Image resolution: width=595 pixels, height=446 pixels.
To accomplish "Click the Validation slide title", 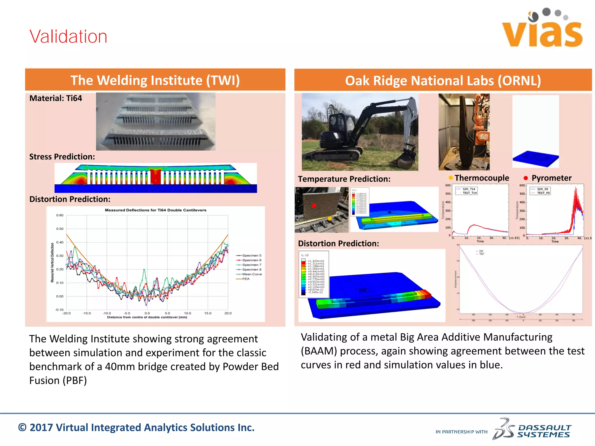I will tap(68, 37).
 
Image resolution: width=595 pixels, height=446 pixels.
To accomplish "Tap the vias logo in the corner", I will tap(542, 29).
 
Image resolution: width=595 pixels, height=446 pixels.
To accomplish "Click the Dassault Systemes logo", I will tap(532, 429).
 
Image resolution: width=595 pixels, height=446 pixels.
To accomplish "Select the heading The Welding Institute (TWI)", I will tap(155, 80).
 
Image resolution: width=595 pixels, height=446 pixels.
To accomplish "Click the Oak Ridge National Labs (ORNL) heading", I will tap(443, 81).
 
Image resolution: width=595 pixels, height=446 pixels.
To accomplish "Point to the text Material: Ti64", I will tap(56, 98).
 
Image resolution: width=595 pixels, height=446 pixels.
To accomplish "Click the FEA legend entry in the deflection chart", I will tap(245, 279).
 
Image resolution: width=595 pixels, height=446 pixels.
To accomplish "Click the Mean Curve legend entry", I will tap(252, 274).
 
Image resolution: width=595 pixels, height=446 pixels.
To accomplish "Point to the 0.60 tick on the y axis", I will tap(60, 215).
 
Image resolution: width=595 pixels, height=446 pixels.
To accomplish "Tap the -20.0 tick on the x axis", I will tap(67, 313).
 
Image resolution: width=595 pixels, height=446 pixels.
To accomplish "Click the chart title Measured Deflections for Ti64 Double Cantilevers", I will tap(155, 210).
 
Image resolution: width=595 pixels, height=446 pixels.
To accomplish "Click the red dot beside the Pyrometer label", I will tap(526, 178).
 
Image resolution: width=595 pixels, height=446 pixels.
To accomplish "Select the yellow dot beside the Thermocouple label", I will tap(451, 178).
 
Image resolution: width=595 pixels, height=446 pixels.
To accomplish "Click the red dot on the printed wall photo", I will tap(314, 206).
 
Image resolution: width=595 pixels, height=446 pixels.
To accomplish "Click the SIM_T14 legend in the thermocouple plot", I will tap(468, 189).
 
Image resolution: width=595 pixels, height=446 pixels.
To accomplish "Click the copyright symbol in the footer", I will tap(22, 428).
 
